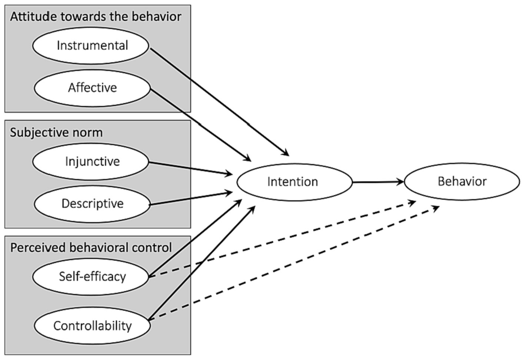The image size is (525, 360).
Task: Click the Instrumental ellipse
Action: pyautogui.click(x=91, y=46)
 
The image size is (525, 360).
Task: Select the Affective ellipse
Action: pyautogui.click(x=92, y=88)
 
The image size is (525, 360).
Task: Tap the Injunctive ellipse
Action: pyautogui.click(x=91, y=162)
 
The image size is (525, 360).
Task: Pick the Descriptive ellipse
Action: pyautogui.click(x=92, y=204)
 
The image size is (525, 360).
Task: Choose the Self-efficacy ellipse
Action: pyautogui.click(x=91, y=277)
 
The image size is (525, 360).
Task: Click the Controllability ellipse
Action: pyautogui.click(x=92, y=326)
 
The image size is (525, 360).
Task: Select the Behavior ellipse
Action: pyautogui.click(x=462, y=181)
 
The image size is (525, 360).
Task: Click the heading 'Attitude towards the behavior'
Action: pyautogui.click(x=96, y=17)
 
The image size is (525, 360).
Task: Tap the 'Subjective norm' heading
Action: pyautogui.click(x=56, y=132)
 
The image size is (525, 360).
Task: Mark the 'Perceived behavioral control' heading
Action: pyautogui.click(x=91, y=248)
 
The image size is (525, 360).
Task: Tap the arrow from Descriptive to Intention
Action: pyautogui.click(x=191, y=198)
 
